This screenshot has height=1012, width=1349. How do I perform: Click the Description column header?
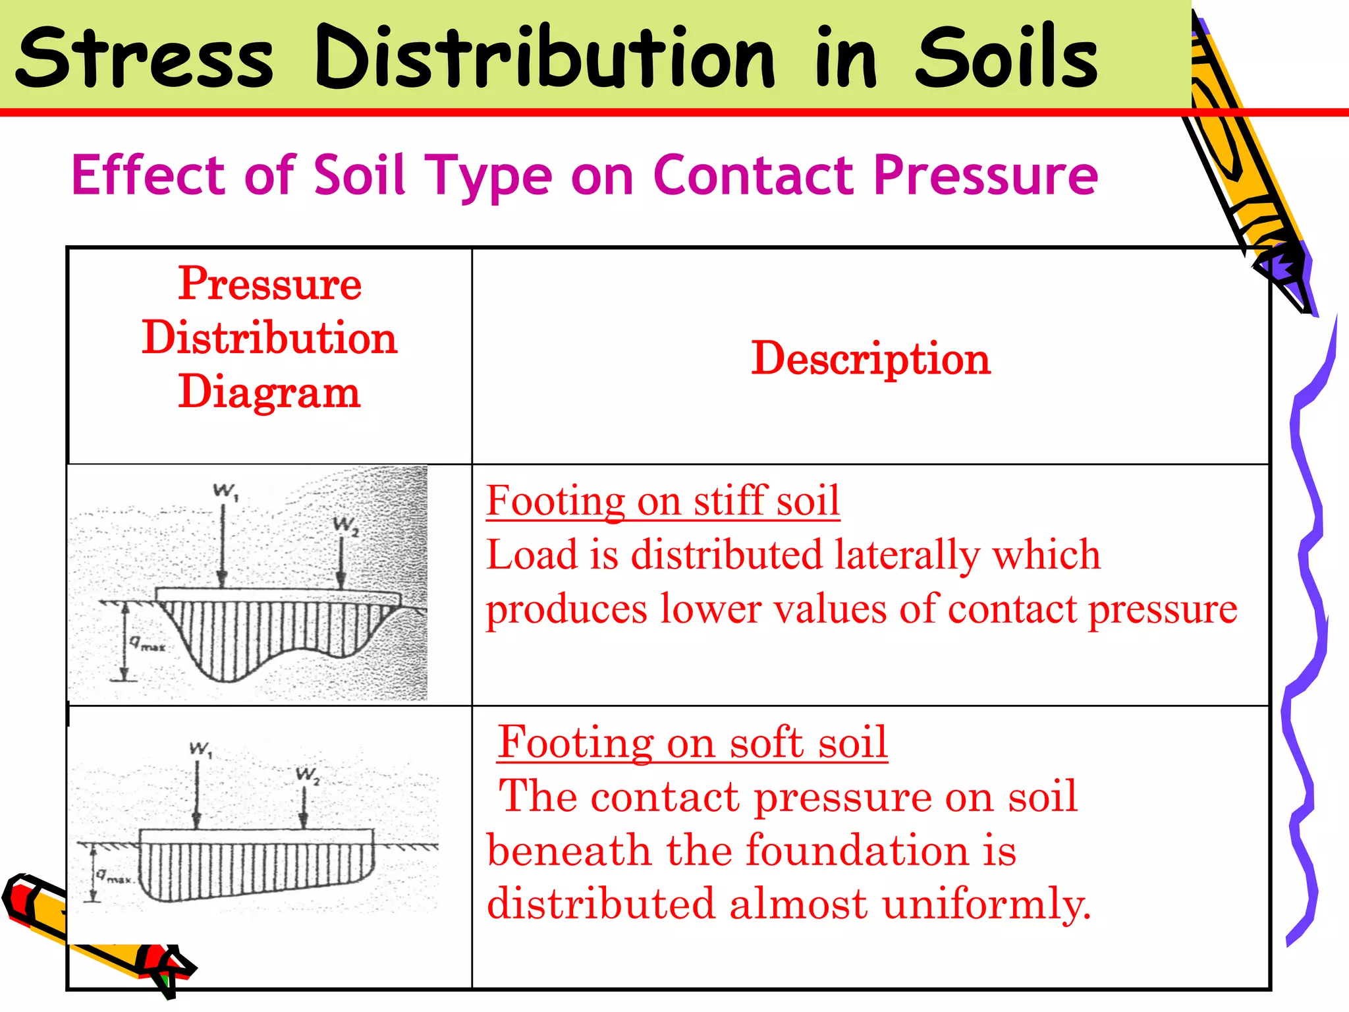(x=871, y=358)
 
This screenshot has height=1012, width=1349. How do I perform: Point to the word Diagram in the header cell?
(x=269, y=391)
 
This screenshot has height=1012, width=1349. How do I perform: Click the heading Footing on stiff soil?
(x=663, y=500)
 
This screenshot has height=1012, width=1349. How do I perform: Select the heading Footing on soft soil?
(x=692, y=742)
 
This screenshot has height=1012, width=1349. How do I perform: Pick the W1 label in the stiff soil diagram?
(x=225, y=492)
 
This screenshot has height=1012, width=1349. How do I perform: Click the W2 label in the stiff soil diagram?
(x=345, y=526)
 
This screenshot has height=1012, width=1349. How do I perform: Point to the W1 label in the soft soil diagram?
(x=200, y=750)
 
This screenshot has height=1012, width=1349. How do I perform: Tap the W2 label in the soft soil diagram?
(x=308, y=775)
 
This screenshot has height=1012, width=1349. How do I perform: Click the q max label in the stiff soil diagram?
(x=146, y=644)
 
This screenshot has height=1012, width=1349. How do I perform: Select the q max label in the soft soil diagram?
(x=113, y=876)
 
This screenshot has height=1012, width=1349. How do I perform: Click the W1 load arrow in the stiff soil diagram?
(x=223, y=547)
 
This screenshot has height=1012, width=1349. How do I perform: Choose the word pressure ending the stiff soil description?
(x=1163, y=609)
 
